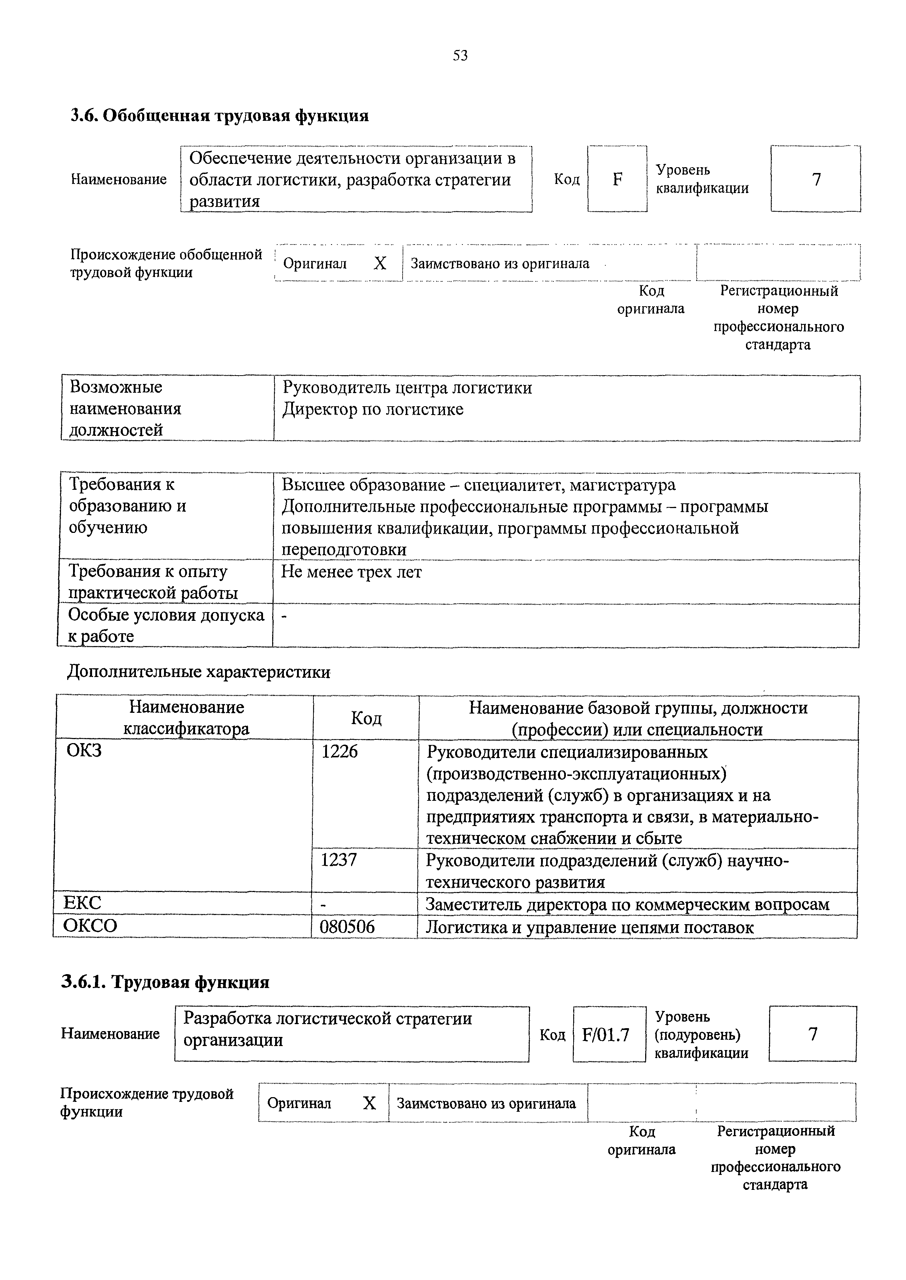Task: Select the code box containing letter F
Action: pos(617,179)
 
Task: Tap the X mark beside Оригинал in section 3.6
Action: pos(380,263)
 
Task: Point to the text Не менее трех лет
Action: pos(351,572)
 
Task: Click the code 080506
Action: pos(347,927)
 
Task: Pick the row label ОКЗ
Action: pos(84,751)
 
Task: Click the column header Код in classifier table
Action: pos(366,718)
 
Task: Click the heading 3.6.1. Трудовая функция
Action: pos(165,982)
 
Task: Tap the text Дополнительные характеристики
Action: pos(199,672)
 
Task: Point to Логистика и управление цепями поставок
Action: pos(590,927)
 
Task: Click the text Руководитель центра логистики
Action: pos(407,388)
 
